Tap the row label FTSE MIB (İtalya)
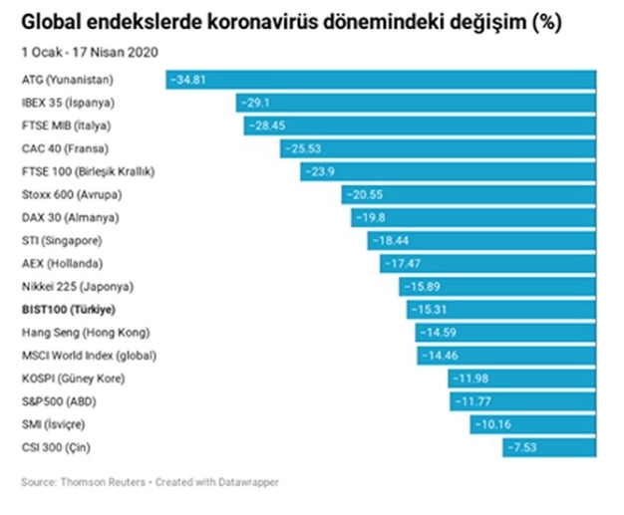pos(66,125)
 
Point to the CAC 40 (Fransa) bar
pos(438,148)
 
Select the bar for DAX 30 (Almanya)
pos(473,217)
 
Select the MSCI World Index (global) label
pos(89,356)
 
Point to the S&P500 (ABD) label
pos(59,402)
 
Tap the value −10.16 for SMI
pos(490,425)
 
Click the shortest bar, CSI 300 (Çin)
pos(548,448)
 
